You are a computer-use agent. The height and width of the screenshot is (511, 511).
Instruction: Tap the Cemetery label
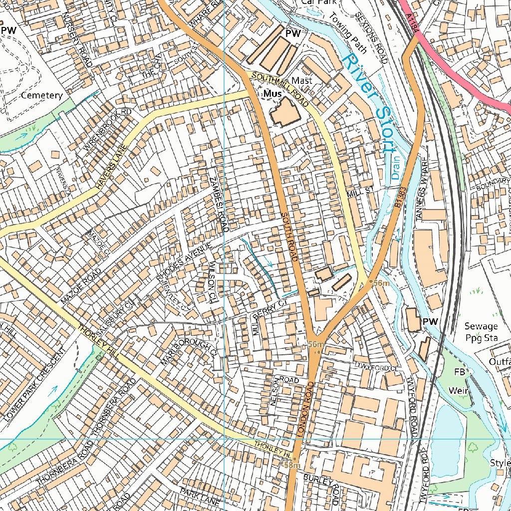[x=42, y=95]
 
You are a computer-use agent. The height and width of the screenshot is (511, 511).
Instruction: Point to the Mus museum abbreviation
[x=272, y=93]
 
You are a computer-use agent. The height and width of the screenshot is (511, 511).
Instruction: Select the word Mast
[x=302, y=80]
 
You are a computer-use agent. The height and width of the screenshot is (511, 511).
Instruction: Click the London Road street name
[x=305, y=410]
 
